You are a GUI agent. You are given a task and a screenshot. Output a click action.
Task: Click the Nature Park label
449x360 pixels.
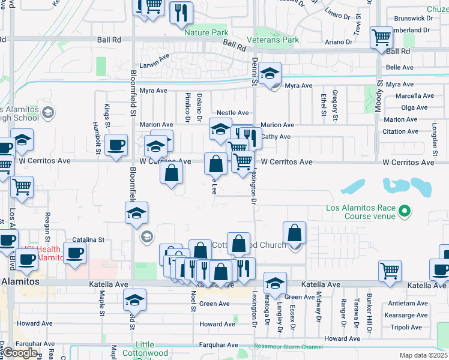206,32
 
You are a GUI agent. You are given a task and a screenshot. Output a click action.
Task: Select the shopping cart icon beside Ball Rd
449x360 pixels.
381,37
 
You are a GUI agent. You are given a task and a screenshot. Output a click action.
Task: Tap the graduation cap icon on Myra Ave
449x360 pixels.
271,73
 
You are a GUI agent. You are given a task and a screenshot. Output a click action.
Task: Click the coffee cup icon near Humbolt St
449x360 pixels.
116,144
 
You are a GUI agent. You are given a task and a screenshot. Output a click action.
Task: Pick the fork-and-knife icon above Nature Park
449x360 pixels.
181,12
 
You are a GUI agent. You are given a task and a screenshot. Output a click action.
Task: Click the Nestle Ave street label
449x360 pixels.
232,113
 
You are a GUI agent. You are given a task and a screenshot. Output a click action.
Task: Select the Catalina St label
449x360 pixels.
88,240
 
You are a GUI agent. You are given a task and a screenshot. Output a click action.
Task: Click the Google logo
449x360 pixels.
20,353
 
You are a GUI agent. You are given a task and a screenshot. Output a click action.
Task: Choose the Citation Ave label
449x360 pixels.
400,131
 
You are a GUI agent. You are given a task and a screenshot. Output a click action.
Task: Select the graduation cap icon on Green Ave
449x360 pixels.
275,283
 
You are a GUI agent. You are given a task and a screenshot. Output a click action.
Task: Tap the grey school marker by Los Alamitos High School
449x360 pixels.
47,112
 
